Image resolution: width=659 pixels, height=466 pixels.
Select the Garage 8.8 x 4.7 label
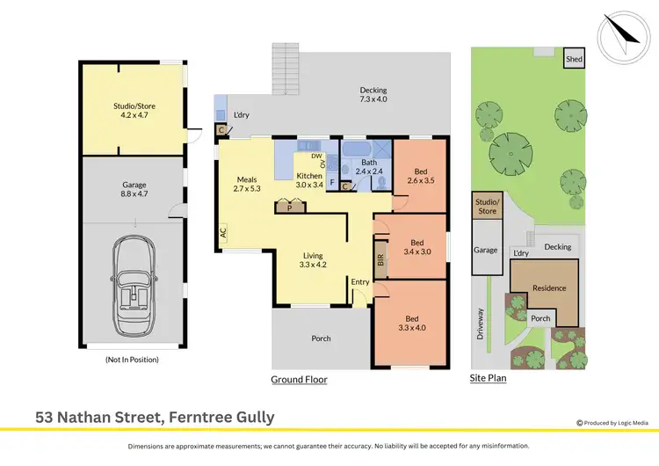pos(134,190)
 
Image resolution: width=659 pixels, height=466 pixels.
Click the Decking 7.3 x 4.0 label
pos(373,94)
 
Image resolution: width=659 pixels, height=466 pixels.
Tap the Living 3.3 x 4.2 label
pos(313,258)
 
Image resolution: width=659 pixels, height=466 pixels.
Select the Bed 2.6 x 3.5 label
pos(421,176)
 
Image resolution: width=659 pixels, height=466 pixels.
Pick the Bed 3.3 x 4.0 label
pos(411,323)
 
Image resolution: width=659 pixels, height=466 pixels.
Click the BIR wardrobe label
pos(380,261)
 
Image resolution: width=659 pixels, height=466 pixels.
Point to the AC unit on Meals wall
pos(223,234)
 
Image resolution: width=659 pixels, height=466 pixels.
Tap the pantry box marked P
pos(289,208)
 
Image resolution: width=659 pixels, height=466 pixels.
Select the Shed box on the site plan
pos(574,59)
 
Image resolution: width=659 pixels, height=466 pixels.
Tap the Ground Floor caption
pos(299,380)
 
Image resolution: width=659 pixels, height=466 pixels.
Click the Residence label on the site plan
pos(549,288)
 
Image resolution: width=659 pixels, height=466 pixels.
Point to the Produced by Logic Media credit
pos(612,424)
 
